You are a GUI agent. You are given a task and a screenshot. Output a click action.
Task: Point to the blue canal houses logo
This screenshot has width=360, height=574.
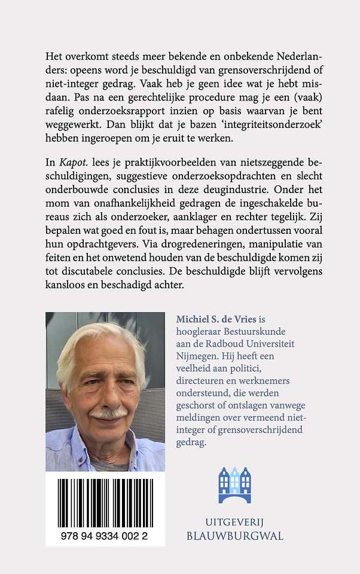pos(234,484)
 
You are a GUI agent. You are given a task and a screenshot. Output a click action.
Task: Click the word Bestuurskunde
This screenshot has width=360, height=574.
pos(253,332)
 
